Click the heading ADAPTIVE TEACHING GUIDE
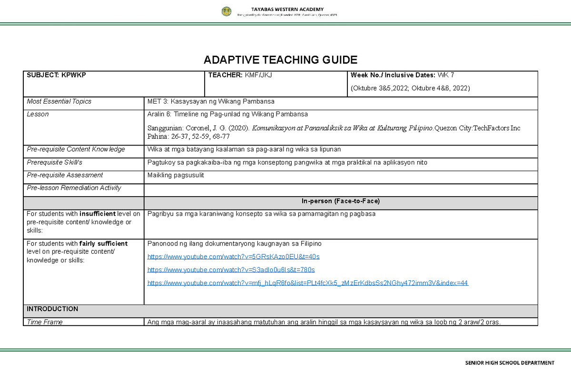tap(280, 60)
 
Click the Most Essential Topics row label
tap(59, 101)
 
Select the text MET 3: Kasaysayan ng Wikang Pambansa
tap(211, 101)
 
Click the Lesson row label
tap(38, 114)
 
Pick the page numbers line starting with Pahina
tap(189, 136)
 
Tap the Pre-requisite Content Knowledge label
tap(76, 149)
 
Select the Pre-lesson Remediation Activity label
tap(74, 188)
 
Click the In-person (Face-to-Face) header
tap(341, 201)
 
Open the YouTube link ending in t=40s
tap(234, 257)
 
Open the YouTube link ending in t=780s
tap(231, 270)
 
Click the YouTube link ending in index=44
tap(308, 283)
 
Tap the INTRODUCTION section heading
tap(52, 309)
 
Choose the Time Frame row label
tap(45, 322)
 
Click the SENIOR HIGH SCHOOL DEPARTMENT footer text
tap(510, 363)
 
